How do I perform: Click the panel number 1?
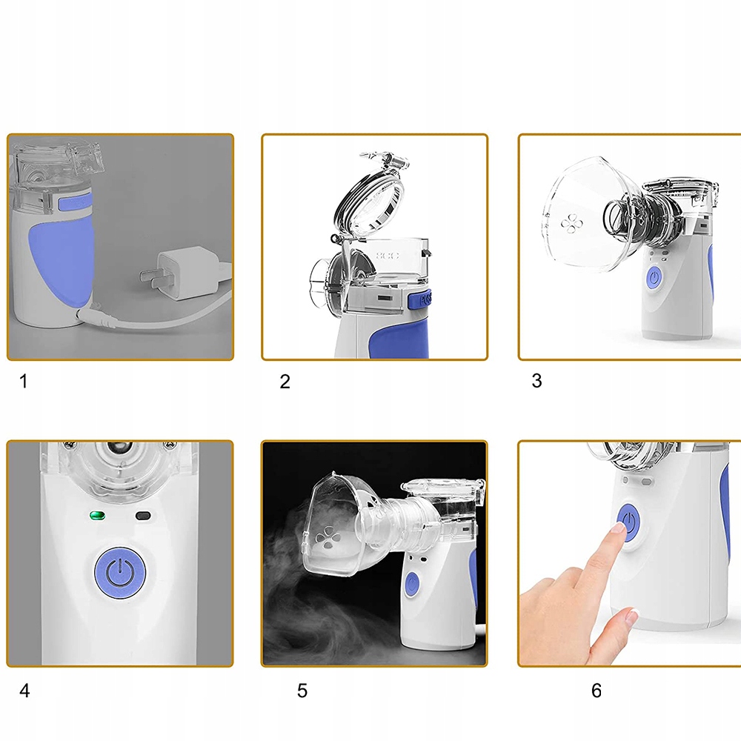tap(23, 381)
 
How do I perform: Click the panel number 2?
tap(285, 382)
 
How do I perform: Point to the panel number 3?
tap(536, 380)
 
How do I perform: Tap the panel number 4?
tap(24, 691)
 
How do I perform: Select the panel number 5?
tap(302, 691)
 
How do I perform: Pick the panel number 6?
tap(597, 691)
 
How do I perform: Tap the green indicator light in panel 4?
tap(97, 515)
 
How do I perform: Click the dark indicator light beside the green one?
tap(143, 516)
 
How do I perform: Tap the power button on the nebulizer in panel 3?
tap(654, 277)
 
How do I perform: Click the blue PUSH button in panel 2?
tap(420, 299)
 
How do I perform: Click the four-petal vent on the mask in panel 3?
tap(571, 224)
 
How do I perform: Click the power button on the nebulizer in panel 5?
tap(412, 584)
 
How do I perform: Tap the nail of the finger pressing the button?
tap(618, 527)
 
